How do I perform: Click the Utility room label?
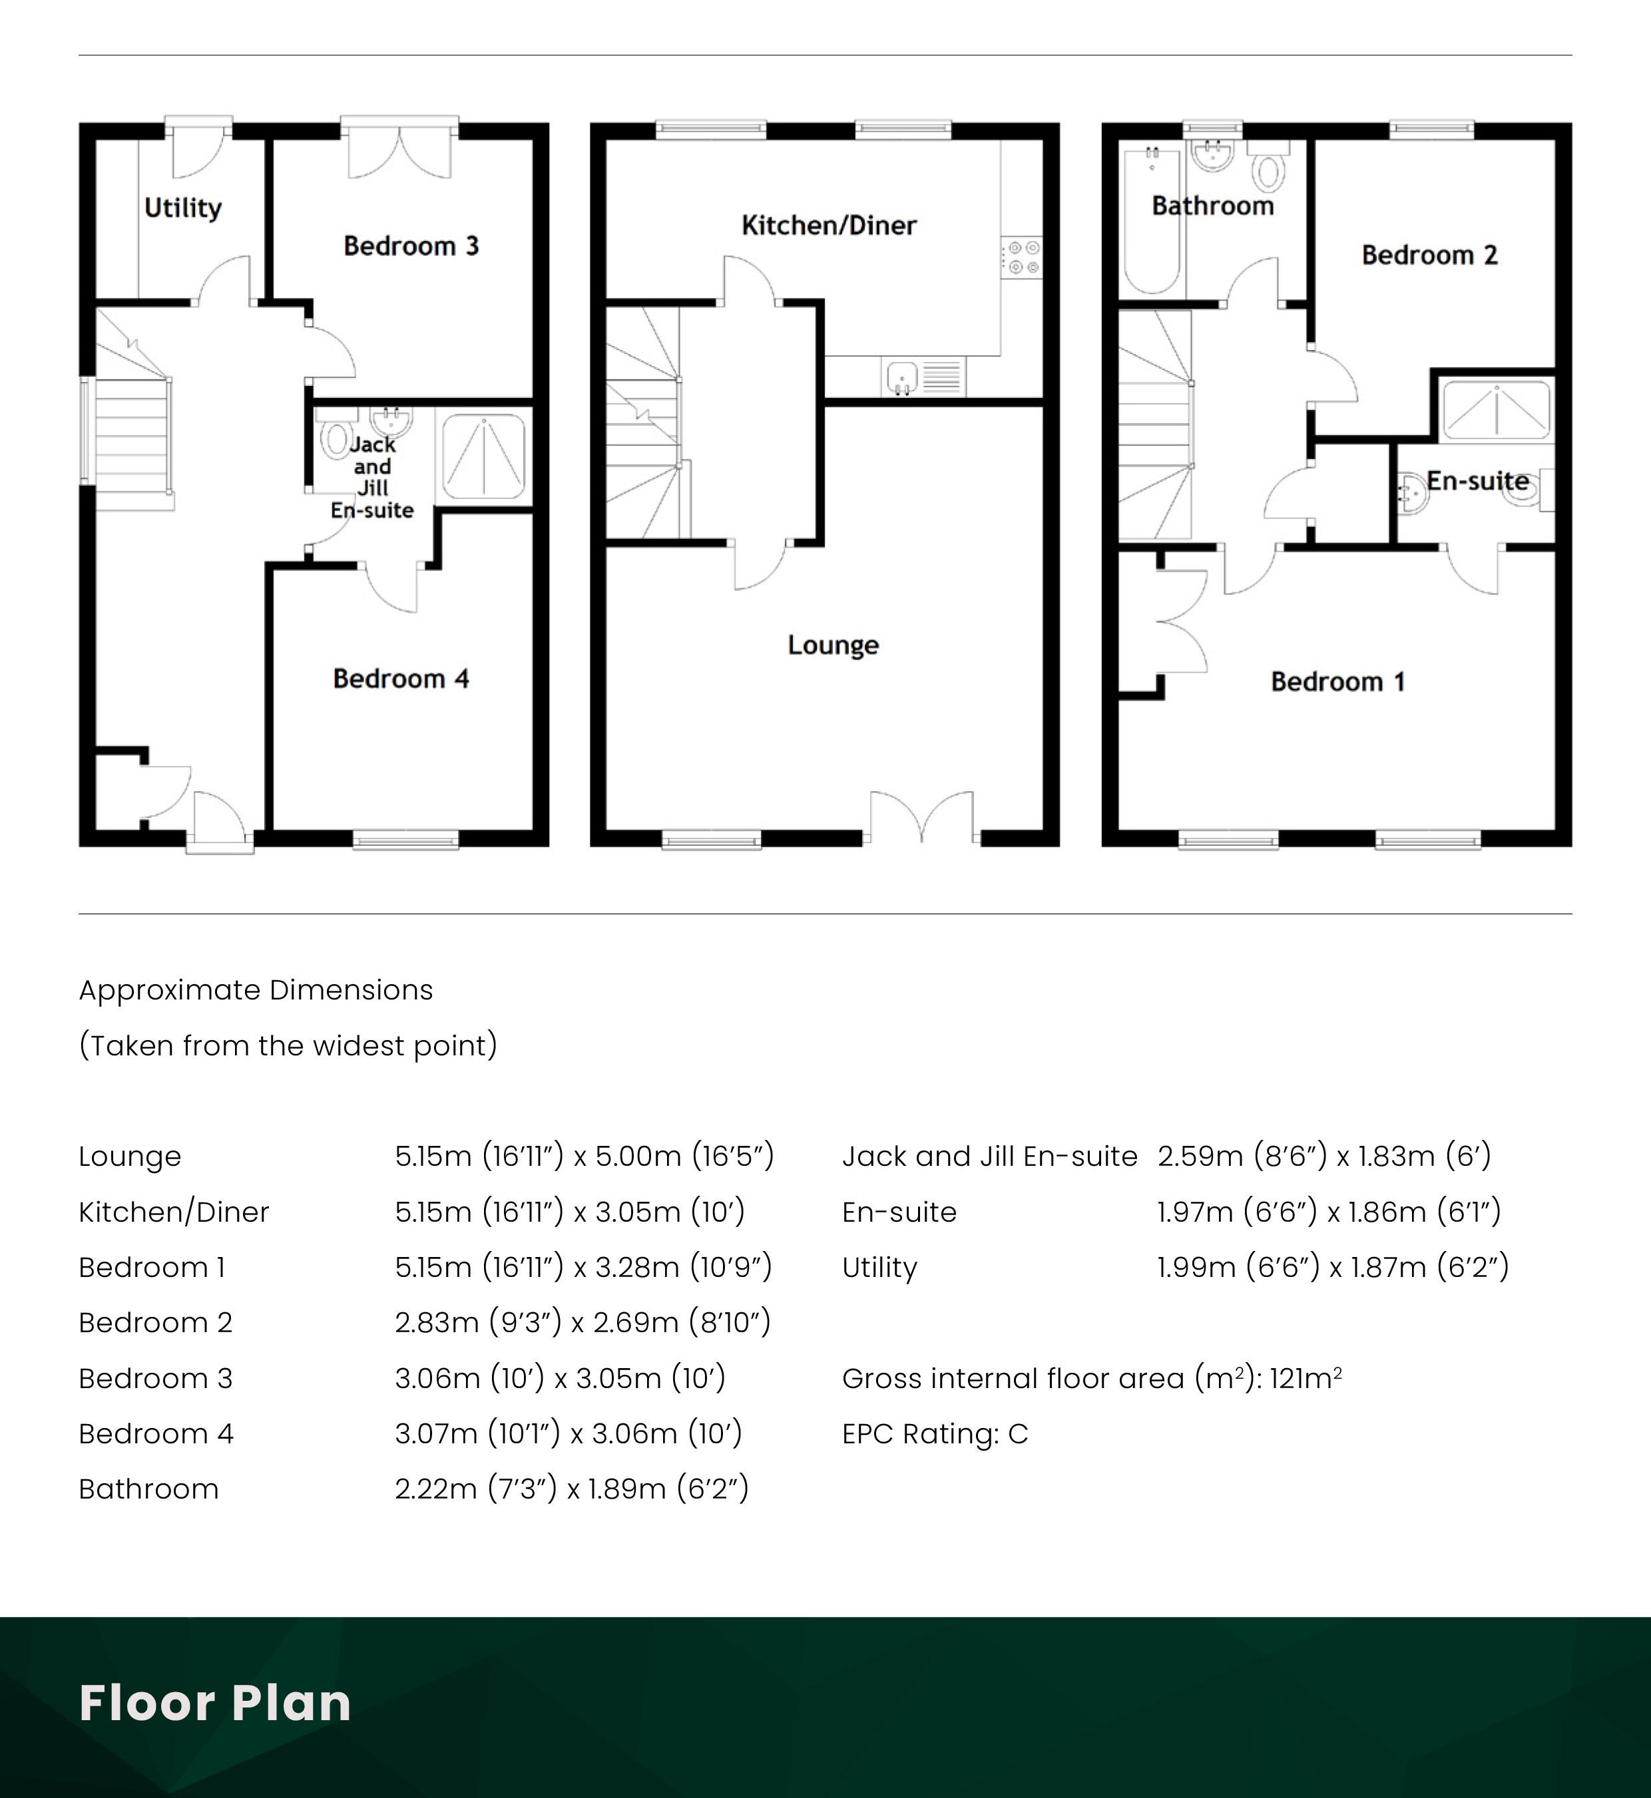[183, 208]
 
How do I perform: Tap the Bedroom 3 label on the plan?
[411, 246]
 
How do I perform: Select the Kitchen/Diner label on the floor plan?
[829, 225]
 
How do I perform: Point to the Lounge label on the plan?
[833, 645]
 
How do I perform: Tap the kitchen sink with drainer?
[923, 376]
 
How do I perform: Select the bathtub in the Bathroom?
[1152, 221]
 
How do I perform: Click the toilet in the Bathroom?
[1269, 167]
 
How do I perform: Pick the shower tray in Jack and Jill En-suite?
[483, 456]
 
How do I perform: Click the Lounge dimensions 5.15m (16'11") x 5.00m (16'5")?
[585, 1156]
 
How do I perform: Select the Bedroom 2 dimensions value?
[583, 1322]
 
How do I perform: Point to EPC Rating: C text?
[935, 1433]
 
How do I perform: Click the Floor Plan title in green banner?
[215, 1702]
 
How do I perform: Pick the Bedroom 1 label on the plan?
[1337, 682]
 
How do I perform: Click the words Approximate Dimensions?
[256, 989]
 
